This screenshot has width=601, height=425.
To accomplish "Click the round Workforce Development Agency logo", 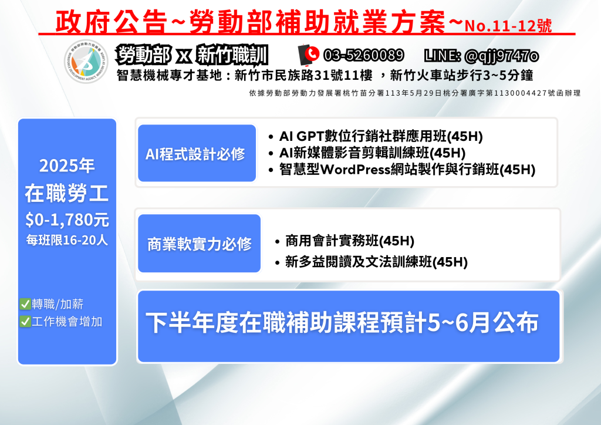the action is [86, 61].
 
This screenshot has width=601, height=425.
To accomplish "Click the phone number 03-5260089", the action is [363, 56].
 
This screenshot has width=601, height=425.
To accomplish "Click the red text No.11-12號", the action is [508, 26].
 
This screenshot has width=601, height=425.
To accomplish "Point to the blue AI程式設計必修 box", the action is [197, 153].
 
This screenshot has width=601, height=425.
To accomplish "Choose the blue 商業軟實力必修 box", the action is [200, 244].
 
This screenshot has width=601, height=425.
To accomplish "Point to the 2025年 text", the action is [67, 166].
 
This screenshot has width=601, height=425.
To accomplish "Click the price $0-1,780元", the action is [67, 220].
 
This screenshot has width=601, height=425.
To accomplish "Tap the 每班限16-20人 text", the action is [67, 240].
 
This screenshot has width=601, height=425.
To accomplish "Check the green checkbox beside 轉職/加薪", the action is [25, 304].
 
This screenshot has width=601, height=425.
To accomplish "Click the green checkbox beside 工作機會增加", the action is [25, 321].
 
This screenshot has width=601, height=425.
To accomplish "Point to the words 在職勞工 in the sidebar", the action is [67, 193].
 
